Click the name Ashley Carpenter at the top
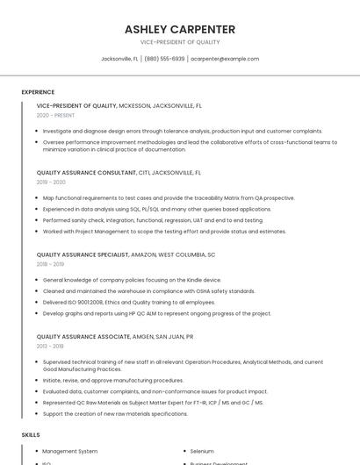(x=180, y=29)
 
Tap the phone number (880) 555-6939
(x=164, y=59)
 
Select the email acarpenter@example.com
(x=225, y=59)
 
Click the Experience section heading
(x=38, y=92)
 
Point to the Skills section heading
(x=31, y=434)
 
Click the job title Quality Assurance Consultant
(x=87, y=173)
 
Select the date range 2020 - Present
(x=55, y=115)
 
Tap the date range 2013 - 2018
(x=50, y=346)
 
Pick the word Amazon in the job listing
(x=144, y=254)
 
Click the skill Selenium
(x=202, y=451)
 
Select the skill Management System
(x=70, y=451)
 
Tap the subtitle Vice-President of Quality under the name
(x=180, y=42)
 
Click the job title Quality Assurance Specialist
(x=83, y=254)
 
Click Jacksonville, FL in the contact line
(x=119, y=59)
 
